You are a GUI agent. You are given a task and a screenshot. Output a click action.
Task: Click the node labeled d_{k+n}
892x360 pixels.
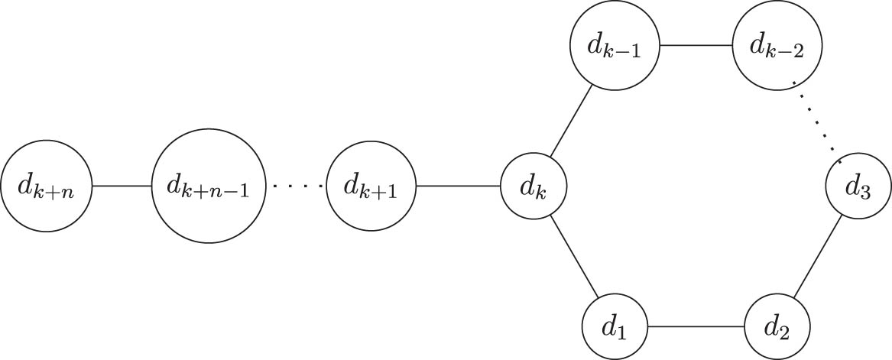pos(46,186)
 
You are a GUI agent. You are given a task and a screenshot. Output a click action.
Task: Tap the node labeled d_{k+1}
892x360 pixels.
pos(370,186)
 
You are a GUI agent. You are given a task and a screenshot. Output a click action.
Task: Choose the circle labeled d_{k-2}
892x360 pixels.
pos(776,45)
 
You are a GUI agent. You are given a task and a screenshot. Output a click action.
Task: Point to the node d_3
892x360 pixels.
pos(858,186)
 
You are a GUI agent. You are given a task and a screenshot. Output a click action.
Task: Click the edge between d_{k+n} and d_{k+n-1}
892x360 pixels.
pos(122,186)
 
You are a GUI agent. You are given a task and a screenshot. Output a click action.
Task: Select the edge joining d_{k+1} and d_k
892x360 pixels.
pos(457,186)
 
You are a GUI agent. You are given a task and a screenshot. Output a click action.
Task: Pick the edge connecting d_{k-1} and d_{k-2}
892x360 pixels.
pos(696,45)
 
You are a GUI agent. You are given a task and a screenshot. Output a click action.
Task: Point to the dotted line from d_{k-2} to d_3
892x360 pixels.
pos(816,118)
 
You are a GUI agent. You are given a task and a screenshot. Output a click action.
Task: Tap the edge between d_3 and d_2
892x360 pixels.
pos(819,255)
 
